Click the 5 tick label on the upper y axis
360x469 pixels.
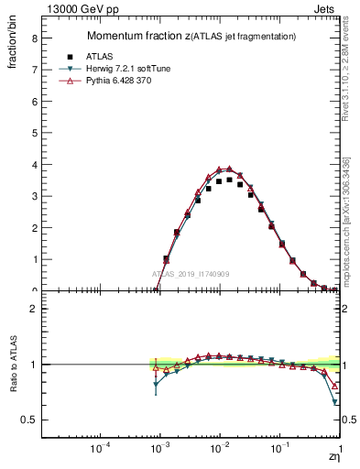point(35,133)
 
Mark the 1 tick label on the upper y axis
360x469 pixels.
point(35,259)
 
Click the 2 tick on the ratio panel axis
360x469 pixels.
point(35,309)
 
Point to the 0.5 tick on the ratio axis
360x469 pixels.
point(30,420)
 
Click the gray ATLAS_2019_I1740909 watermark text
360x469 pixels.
point(191,274)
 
